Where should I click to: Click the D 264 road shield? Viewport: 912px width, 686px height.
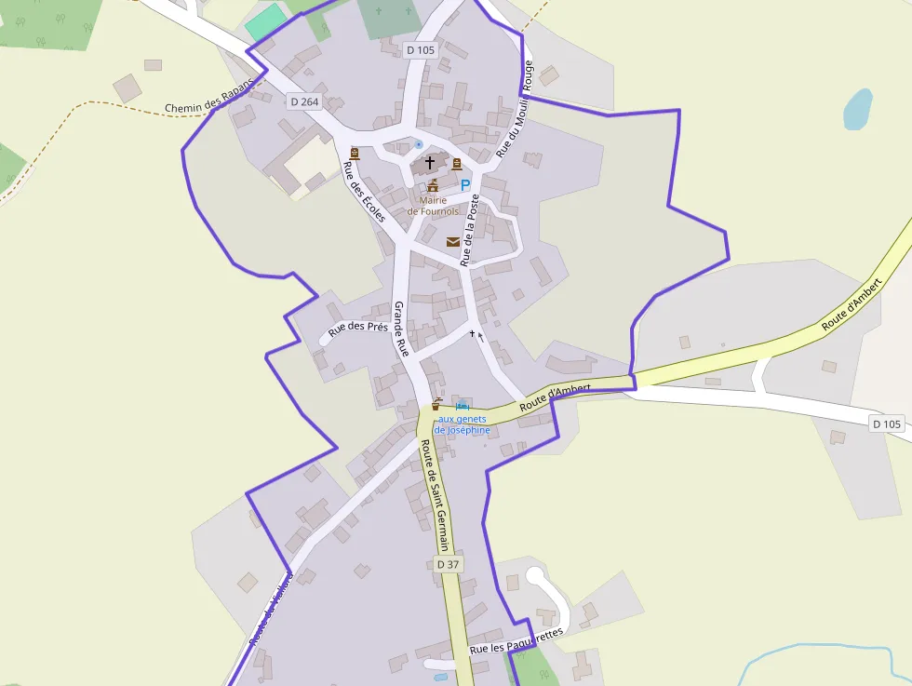click(303, 101)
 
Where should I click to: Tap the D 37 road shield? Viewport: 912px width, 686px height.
click(448, 564)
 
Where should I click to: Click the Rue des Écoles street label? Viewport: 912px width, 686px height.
click(364, 192)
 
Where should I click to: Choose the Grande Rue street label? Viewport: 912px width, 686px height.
click(401, 330)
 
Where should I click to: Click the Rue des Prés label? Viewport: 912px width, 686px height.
click(357, 327)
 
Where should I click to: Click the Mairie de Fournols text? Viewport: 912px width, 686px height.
click(433, 206)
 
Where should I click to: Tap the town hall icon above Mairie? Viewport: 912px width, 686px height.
click(433, 186)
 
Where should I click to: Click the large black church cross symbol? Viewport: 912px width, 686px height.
click(430, 163)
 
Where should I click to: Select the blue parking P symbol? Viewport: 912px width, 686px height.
click(465, 185)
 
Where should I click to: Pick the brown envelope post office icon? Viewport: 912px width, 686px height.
click(453, 242)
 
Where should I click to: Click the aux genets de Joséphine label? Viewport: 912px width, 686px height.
click(463, 424)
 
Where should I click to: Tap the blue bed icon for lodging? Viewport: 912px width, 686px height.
click(463, 405)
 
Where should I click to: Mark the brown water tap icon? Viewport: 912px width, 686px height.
click(436, 405)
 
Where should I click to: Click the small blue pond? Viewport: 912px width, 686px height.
click(857, 109)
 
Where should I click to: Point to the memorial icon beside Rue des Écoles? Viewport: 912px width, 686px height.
click(354, 154)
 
